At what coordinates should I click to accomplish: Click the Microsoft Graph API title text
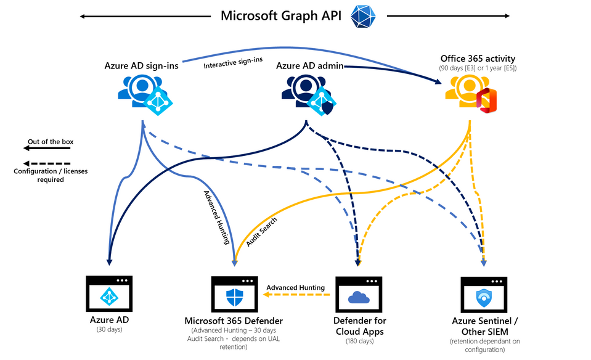281,16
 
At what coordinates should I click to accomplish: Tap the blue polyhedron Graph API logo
363,16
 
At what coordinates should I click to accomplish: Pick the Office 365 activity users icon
471,94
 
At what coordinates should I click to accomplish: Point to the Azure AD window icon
109,293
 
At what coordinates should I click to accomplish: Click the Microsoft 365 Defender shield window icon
234,294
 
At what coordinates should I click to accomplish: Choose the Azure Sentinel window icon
484,295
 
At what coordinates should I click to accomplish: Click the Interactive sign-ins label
233,63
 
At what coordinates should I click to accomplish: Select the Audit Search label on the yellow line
261,232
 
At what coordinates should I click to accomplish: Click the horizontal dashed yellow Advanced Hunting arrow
296,295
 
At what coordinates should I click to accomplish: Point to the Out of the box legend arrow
47,148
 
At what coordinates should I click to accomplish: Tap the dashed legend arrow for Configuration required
47,163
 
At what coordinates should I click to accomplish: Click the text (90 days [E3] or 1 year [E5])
478,68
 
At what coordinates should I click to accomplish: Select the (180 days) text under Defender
359,341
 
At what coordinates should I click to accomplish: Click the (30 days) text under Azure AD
109,329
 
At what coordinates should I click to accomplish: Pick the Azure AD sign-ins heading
141,65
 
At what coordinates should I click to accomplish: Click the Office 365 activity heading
478,59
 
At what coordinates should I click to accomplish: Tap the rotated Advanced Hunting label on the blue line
217,218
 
